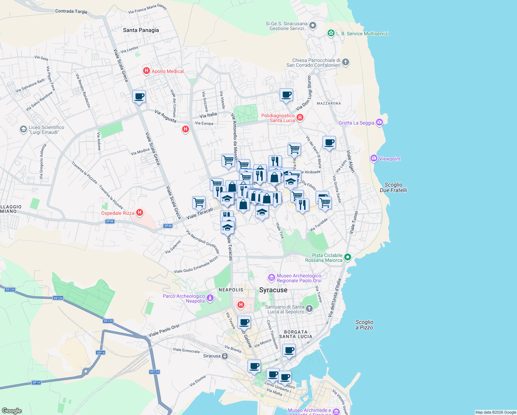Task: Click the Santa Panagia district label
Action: point(141,30)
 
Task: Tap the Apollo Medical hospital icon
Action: point(146,71)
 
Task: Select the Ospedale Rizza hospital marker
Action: point(140,213)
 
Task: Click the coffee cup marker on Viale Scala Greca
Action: point(139,96)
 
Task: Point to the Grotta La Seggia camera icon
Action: point(379,122)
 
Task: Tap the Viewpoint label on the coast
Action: point(389,159)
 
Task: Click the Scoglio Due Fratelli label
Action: point(393,187)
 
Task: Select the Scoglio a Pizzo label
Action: point(364,325)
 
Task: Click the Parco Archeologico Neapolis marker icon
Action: point(210,298)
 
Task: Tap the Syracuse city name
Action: point(273,290)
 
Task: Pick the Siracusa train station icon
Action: point(225,356)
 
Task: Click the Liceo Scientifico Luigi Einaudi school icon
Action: point(23,129)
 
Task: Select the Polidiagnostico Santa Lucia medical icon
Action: point(300,118)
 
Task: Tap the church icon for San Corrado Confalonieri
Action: point(346,62)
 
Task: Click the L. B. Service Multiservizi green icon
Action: point(331,33)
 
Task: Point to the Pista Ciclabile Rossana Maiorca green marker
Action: point(348,257)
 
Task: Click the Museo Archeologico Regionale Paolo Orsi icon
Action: point(272,277)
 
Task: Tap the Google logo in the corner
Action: point(11,411)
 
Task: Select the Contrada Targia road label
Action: point(71,11)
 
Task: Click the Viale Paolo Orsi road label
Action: point(164,331)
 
